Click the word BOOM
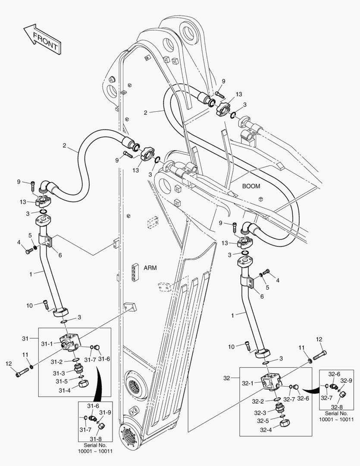(x=251, y=186)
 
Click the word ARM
(x=150, y=268)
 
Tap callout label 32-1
(x=247, y=383)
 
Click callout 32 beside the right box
(x=227, y=378)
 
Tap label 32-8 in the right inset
(x=337, y=406)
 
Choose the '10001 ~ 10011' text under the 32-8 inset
(x=336, y=419)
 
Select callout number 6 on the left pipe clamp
(x=60, y=255)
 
